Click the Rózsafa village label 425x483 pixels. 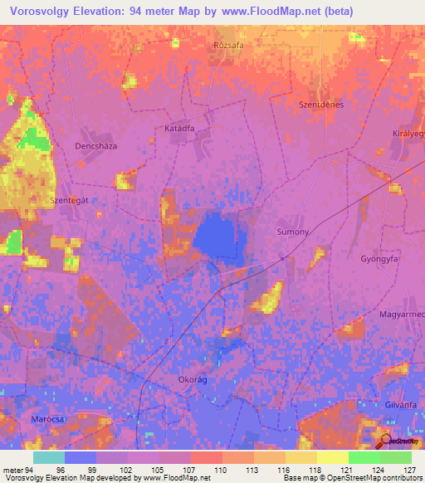[227, 46]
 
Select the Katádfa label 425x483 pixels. [178, 129]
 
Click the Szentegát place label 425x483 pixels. [69, 200]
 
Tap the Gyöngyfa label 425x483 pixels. [379, 259]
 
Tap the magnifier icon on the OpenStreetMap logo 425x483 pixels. [385, 441]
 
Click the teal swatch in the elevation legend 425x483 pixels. [48, 457]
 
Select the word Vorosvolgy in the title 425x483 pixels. [43, 12]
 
